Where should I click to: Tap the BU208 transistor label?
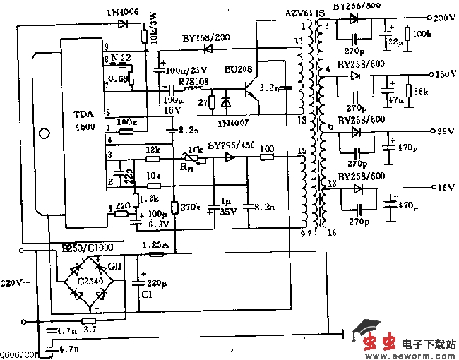click(x=239, y=71)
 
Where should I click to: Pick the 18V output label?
click(x=443, y=187)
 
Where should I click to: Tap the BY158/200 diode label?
click(x=205, y=37)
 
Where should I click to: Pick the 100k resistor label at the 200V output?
click(x=418, y=33)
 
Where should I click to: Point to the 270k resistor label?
click(x=191, y=208)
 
